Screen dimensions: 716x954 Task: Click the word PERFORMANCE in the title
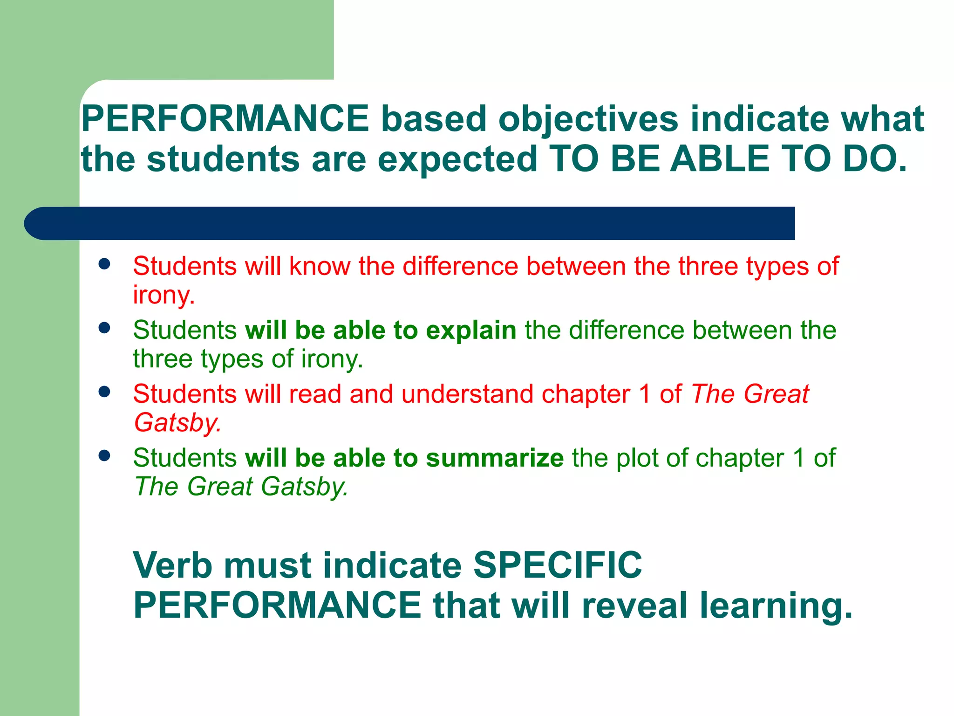click(x=225, y=119)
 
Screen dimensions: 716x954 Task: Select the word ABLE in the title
click(x=719, y=159)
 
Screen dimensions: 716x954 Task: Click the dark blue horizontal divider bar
click(x=410, y=223)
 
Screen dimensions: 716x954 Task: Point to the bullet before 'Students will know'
click(x=104, y=264)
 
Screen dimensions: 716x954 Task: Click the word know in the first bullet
click(x=320, y=266)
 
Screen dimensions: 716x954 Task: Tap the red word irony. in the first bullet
click(x=164, y=295)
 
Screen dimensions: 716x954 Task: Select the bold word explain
click(x=471, y=330)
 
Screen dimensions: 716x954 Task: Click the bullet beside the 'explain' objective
click(x=104, y=328)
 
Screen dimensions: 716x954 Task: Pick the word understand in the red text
click(x=467, y=394)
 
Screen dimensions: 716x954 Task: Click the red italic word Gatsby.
click(x=177, y=423)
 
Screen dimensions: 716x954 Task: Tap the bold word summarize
click(x=495, y=458)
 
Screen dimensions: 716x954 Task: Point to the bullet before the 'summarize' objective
click(x=104, y=455)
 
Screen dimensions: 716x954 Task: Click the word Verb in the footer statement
click(x=172, y=565)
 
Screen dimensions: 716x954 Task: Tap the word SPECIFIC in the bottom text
click(x=558, y=565)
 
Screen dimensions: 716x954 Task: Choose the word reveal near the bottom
click(x=634, y=605)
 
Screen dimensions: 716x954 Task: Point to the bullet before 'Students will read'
click(x=104, y=392)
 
